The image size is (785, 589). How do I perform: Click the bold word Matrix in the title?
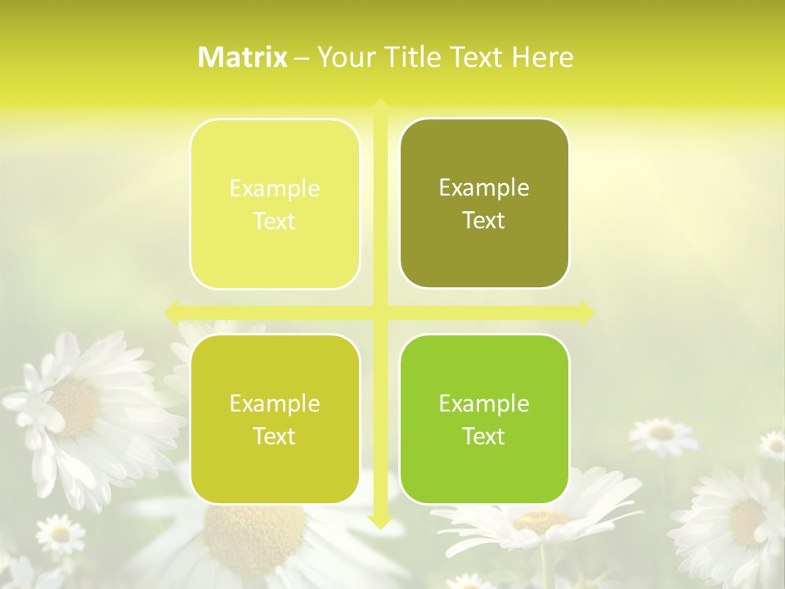pos(243,57)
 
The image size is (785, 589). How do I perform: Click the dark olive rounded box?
pos(484,204)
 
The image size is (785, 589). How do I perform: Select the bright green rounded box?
pos(484,419)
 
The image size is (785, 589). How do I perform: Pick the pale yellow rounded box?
pos(275,204)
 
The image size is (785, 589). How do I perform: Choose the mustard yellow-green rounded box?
pos(275,419)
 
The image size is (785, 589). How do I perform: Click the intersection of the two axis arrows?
pos(379,312)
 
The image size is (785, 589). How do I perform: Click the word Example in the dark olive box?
pos(484,188)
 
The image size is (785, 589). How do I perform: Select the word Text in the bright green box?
pos(484,436)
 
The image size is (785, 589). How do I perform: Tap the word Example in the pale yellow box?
pos(275,189)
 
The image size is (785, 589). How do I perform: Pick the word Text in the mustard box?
pos(275,436)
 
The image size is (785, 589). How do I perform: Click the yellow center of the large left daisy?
pos(74,407)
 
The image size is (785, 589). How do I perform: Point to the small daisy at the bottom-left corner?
pos(60,535)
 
